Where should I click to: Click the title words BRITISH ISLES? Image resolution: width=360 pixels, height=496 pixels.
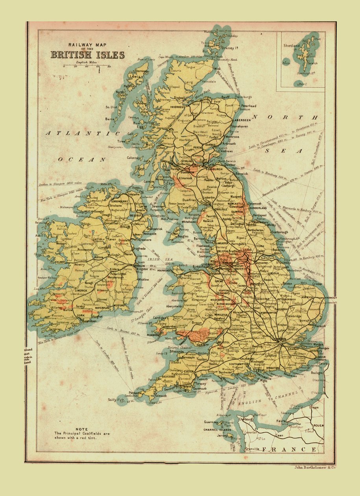[x=87, y=55]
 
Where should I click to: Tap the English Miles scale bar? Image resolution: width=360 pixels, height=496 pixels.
[x=87, y=65]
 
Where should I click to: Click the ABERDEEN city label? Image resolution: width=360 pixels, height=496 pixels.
[x=242, y=120]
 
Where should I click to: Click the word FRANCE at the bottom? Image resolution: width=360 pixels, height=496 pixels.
[x=289, y=449]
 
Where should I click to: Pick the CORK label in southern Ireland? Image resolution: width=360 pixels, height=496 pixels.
[x=81, y=315]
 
